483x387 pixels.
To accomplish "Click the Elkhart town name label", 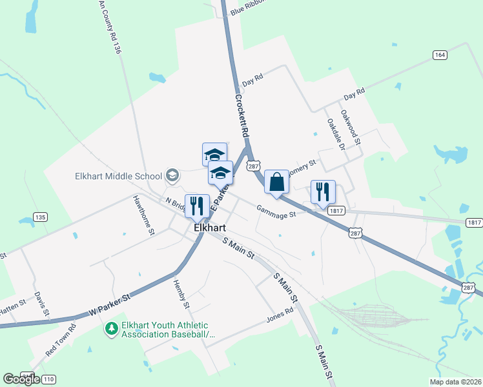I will click(209, 228).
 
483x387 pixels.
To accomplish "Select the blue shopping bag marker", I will click(276, 182).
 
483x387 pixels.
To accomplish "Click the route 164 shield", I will click(440, 55).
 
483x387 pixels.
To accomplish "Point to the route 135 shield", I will click(40, 217).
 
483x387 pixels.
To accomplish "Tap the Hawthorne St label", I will click(144, 215).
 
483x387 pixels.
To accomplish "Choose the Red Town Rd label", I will click(60, 339).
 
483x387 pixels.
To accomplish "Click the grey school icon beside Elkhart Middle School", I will click(172, 175).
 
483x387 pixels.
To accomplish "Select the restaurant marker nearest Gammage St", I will click(323, 192).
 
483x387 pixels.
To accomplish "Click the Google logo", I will click(21, 379).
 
